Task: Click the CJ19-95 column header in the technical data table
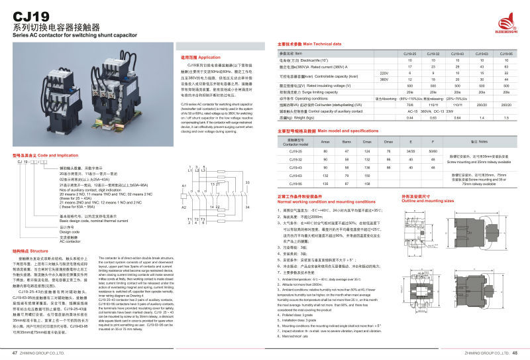[x=505, y=53]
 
